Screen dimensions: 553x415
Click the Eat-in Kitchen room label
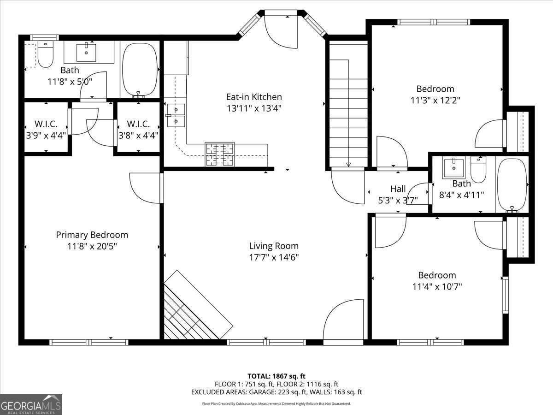tap(253, 97)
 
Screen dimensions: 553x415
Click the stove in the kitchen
tap(220, 154)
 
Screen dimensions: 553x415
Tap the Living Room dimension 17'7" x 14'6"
tap(274, 257)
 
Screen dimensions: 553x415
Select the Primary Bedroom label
tap(92, 235)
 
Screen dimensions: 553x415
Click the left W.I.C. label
tap(46, 124)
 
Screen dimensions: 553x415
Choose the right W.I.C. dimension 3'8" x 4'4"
tap(138, 136)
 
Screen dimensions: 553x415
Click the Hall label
tap(398, 189)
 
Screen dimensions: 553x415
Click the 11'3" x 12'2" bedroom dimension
tap(435, 100)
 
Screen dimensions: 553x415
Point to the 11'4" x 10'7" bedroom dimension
tap(437, 286)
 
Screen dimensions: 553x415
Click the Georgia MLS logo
tap(31, 404)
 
